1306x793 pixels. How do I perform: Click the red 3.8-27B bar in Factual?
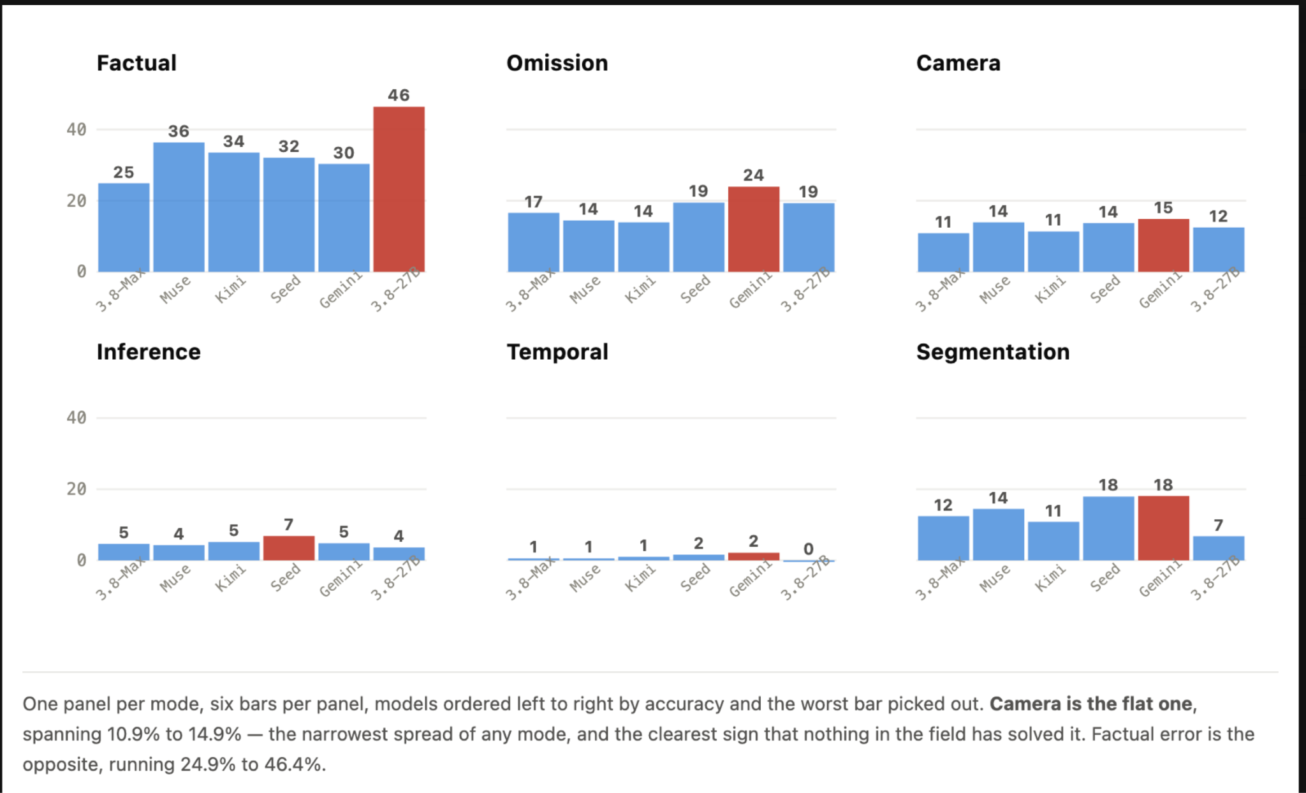click(x=399, y=189)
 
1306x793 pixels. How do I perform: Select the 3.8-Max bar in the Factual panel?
click(x=124, y=228)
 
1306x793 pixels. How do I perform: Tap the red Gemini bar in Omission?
click(x=754, y=230)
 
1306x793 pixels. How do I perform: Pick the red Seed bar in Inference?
click(x=289, y=548)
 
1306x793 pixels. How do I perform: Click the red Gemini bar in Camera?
click(x=1163, y=246)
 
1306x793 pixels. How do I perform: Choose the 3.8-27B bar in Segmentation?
click(x=1219, y=548)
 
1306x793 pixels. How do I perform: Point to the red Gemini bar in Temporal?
click(x=754, y=556)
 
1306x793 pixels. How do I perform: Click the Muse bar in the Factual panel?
click(x=179, y=207)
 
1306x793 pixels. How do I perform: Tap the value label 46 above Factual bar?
click(x=399, y=95)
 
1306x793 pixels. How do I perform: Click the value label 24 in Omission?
click(x=754, y=175)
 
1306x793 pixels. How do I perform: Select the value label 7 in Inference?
click(x=289, y=524)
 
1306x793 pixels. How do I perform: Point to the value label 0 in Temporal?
click(x=809, y=549)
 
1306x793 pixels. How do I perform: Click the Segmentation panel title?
click(x=993, y=352)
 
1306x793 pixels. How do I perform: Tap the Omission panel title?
click(x=557, y=63)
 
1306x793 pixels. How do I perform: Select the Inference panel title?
click(x=149, y=352)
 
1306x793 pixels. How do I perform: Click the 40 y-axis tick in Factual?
click(x=77, y=130)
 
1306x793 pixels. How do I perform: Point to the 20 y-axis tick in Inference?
click(x=77, y=489)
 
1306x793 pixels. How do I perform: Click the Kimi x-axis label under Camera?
click(x=1050, y=289)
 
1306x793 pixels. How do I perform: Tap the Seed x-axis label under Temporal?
click(x=694, y=577)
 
